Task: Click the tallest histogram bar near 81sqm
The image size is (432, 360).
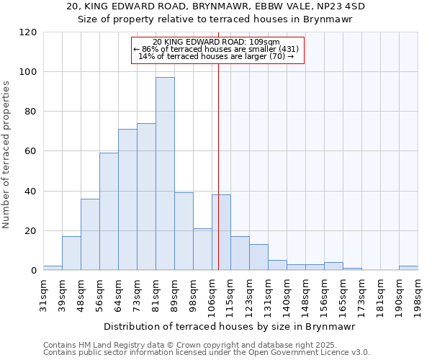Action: pyautogui.click(x=165, y=174)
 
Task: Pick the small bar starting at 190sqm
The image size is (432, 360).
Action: pyautogui.click(x=408, y=268)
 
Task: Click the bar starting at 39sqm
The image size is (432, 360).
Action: pyautogui.click(x=71, y=253)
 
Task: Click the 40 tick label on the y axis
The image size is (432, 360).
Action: pyautogui.click(x=31, y=192)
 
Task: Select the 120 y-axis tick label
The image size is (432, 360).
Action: pyautogui.click(x=28, y=32)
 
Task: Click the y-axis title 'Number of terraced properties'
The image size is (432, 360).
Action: pyautogui.click(x=6, y=155)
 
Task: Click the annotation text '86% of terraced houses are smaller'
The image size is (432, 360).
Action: pyautogui.click(x=216, y=49)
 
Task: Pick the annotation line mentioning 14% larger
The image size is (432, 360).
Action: pyautogui.click(x=216, y=56)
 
